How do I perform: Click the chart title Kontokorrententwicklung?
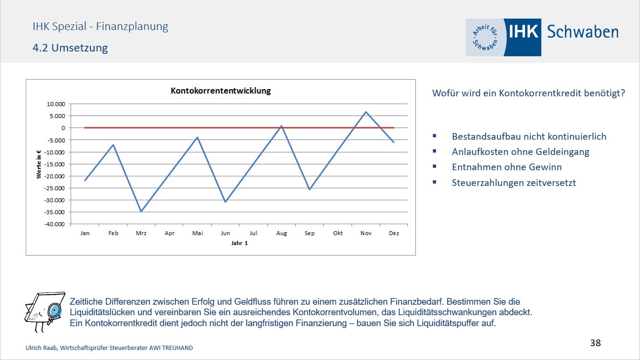coord(220,91)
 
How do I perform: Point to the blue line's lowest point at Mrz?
coord(141,211)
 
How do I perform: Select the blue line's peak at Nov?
coord(366,112)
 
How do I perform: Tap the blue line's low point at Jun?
coord(226,202)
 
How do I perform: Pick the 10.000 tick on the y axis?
coord(56,104)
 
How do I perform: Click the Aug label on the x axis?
coord(281,233)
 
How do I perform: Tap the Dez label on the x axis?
coord(394,233)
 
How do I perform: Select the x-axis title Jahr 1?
coord(239,243)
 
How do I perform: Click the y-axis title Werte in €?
coord(39,164)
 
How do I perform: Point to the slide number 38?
coord(595,342)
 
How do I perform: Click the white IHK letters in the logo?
coord(523,31)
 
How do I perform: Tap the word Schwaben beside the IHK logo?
coord(582,32)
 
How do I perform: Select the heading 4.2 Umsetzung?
coord(70,48)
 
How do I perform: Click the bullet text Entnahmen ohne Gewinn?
coord(506,167)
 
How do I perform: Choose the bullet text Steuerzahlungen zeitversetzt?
coord(514,183)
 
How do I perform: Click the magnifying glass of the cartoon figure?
coord(55,311)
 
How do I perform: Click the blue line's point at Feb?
coord(113,144)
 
